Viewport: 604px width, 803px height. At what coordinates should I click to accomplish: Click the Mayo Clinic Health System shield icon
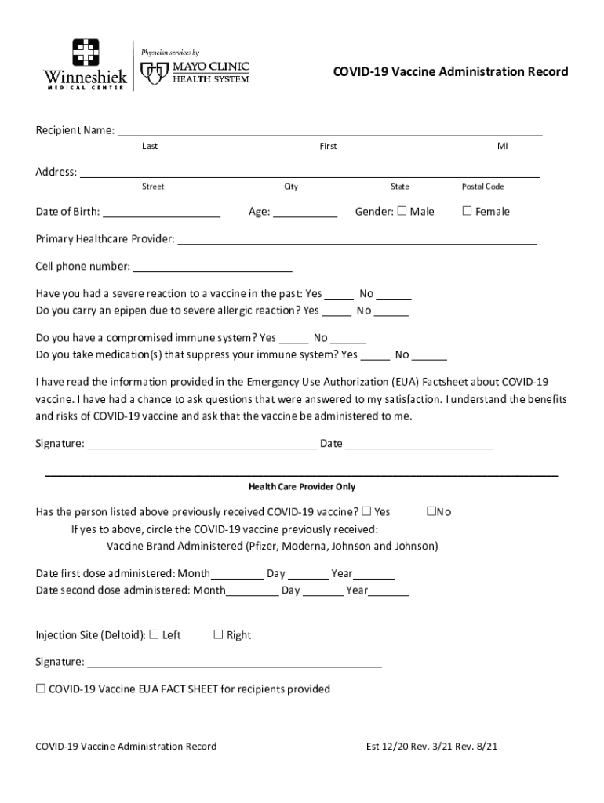coord(153,73)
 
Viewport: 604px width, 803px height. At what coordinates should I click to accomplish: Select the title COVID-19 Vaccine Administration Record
coord(450,72)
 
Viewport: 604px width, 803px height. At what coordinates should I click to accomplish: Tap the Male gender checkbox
coord(402,211)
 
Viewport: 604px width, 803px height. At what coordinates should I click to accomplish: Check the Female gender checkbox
coord(468,211)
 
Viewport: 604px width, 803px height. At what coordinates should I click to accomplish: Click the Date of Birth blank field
coord(162,212)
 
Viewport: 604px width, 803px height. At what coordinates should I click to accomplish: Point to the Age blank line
coord(305,212)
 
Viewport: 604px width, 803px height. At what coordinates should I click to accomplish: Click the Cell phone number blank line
coord(213,267)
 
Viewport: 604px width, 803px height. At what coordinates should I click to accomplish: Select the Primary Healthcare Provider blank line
coord(358,239)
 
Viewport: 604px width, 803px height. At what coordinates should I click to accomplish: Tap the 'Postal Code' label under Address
coord(482,187)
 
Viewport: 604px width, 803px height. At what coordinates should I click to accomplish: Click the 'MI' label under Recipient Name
coord(502,146)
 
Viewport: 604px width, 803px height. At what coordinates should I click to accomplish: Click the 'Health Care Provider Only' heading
coord(302,487)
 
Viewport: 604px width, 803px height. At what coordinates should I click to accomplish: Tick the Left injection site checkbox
coord(154,634)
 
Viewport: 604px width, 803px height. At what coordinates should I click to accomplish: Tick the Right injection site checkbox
coord(219,634)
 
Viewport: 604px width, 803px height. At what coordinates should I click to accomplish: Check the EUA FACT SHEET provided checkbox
coord(41,689)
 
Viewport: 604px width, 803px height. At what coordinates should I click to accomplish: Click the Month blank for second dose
coord(252,591)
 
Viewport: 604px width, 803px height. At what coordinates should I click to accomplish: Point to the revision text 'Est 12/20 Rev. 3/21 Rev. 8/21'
coord(431,747)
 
